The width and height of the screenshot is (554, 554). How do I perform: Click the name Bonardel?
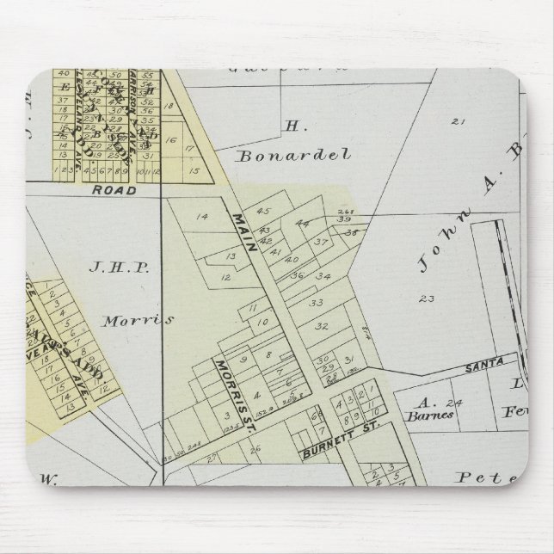(x=293, y=157)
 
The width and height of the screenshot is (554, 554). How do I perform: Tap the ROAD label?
(x=114, y=190)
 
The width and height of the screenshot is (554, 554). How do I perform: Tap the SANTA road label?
(x=483, y=367)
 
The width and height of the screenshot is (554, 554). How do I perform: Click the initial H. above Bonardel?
(x=292, y=126)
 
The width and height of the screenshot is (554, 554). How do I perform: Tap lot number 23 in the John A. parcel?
(x=425, y=299)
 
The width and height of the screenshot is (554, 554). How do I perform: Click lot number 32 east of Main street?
(x=323, y=327)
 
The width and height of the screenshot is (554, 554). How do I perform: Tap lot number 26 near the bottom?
(x=255, y=448)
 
